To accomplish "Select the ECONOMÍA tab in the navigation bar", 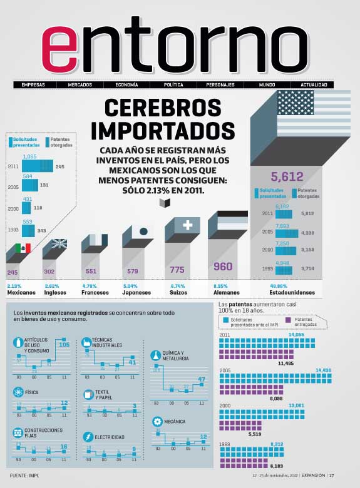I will click(126, 84).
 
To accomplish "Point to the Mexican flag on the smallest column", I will click(23, 248).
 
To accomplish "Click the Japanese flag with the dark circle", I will click(143, 231).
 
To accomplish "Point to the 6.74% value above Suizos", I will click(178, 286).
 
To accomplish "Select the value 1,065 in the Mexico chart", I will click(31, 156).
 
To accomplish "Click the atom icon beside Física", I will click(18, 392).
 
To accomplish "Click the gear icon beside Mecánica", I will click(157, 421).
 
